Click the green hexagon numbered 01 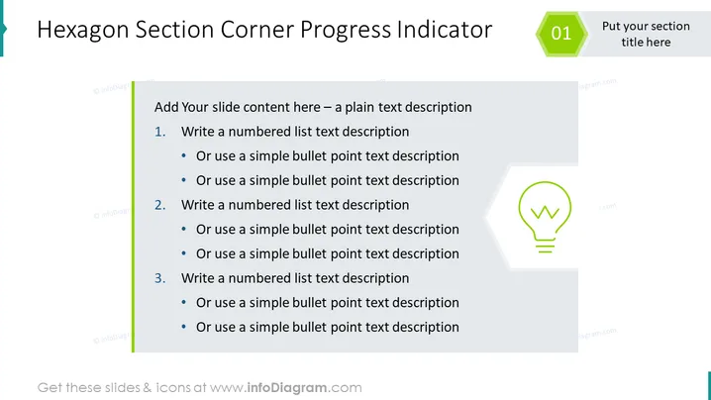(x=561, y=34)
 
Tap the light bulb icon (x=545, y=217)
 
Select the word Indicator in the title (x=445, y=30)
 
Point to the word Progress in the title (x=345, y=31)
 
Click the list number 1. (x=160, y=132)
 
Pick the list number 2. (x=160, y=205)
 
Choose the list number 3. (x=160, y=278)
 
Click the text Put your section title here (x=646, y=34)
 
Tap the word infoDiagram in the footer (x=286, y=388)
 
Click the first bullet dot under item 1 (x=183, y=155)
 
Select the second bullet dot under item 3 (x=183, y=327)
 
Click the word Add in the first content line (x=166, y=107)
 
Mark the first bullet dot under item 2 (x=183, y=229)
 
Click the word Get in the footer (x=50, y=388)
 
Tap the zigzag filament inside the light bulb (x=545, y=212)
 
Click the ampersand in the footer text (x=148, y=388)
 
